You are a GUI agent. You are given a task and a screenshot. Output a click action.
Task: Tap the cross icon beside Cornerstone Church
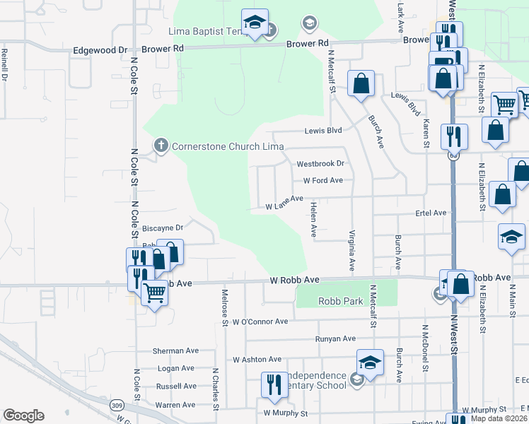coord(161,146)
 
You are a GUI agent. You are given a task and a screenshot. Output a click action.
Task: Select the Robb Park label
coord(341,301)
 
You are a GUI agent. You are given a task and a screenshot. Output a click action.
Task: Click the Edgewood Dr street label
coord(100,50)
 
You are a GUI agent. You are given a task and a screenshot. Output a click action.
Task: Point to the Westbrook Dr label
coord(320,163)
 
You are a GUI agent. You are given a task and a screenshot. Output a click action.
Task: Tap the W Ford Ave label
coord(322,180)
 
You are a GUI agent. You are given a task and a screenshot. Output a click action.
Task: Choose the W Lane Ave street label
coord(284,204)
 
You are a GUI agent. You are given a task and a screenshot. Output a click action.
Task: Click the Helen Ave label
coord(313,218)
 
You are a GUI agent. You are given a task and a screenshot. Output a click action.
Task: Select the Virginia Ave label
coord(351,251)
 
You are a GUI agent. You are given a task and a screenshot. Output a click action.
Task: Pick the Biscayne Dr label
coord(163,228)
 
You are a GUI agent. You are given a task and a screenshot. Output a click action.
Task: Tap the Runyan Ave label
coord(335,338)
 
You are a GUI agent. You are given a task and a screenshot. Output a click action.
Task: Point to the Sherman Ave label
coord(176,351)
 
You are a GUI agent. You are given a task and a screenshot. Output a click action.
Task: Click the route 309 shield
coord(117,405)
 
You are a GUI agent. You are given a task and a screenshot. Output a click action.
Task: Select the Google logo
coord(23,416)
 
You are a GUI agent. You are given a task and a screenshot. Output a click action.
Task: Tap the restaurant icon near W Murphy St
coord(274,385)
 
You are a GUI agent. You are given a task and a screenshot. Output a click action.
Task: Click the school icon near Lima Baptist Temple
coord(255,23)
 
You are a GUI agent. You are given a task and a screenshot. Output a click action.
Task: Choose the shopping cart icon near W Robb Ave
coord(154,292)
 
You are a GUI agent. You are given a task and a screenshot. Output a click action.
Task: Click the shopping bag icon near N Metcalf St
coord(361,83)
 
